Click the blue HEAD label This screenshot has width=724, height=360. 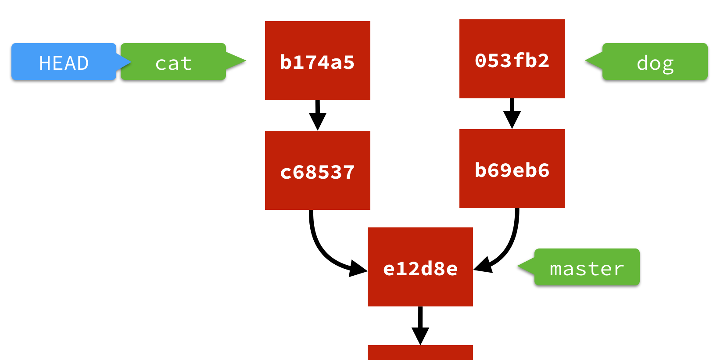point(64,62)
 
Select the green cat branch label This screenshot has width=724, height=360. point(173,62)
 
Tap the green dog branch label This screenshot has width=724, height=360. point(655,62)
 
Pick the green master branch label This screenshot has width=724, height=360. point(587,267)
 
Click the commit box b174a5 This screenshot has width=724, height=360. point(317,61)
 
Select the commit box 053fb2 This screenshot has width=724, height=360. point(512,59)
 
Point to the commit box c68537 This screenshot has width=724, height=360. point(317,170)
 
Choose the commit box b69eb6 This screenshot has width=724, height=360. point(512,169)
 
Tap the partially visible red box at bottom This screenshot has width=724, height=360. point(420,353)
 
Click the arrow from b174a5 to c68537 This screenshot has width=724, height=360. point(317,115)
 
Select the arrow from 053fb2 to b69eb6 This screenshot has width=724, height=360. point(512,113)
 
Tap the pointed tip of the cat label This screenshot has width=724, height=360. point(241,61)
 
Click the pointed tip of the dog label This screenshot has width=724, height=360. point(590,61)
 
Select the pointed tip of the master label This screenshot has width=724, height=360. point(522,266)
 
